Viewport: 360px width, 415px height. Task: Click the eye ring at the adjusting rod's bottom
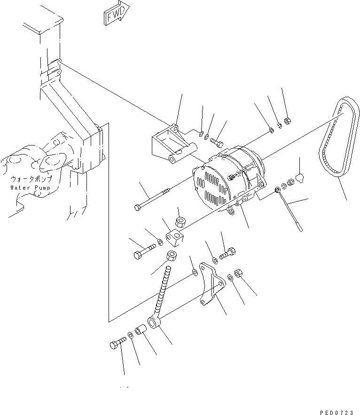[154, 323]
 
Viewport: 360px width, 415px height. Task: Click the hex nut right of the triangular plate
[238, 273]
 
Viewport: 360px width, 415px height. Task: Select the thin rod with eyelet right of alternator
[289, 210]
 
